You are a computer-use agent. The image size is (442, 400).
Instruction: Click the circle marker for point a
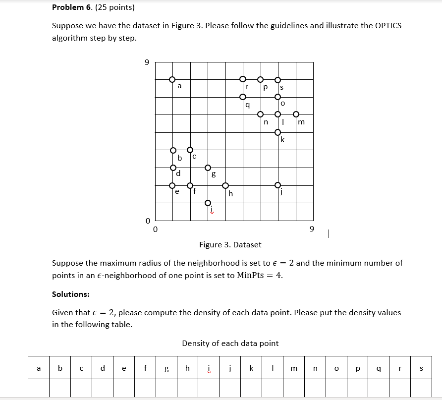(172, 79)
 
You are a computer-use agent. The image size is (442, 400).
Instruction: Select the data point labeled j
(278, 185)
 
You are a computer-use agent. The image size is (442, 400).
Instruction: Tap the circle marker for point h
(225, 186)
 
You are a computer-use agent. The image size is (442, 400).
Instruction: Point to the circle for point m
(296, 114)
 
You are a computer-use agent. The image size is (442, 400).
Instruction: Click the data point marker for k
(278, 132)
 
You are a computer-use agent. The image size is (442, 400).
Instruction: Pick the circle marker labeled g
(208, 168)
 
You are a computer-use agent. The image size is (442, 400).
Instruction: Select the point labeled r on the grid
(243, 79)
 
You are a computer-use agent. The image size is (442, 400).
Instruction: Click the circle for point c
(190, 150)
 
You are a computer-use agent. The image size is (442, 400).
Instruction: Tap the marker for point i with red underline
(208, 203)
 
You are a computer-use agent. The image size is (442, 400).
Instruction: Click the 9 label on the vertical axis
(146, 62)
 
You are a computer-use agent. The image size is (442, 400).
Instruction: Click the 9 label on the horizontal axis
(311, 229)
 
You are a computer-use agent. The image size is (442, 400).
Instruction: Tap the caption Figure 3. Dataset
(230, 244)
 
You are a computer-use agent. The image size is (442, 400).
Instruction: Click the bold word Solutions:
(70, 294)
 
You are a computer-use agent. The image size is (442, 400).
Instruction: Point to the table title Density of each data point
(230, 343)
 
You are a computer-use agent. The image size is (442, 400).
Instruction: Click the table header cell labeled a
(39, 368)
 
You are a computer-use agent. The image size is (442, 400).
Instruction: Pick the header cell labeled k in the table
(251, 368)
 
